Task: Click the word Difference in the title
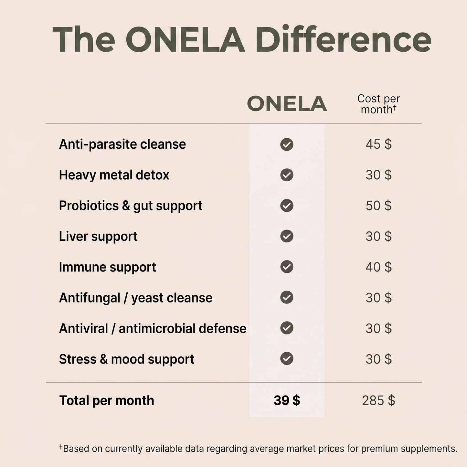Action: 343,39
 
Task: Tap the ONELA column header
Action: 287,104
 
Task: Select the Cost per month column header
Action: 378,104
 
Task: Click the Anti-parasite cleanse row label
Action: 122,144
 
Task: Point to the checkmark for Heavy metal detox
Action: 287,175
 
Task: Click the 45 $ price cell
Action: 378,144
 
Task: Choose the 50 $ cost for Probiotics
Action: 378,206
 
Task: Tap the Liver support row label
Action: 98,237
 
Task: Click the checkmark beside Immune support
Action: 287,267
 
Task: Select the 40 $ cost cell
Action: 378,267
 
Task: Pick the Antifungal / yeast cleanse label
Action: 136,298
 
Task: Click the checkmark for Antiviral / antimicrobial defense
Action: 287,328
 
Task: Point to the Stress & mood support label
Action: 126,359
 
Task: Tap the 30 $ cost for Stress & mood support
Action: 378,359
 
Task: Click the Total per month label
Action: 107,401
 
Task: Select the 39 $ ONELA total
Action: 287,400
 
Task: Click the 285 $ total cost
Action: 378,400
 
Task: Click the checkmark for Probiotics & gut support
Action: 287,206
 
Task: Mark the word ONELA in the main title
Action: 185,39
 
